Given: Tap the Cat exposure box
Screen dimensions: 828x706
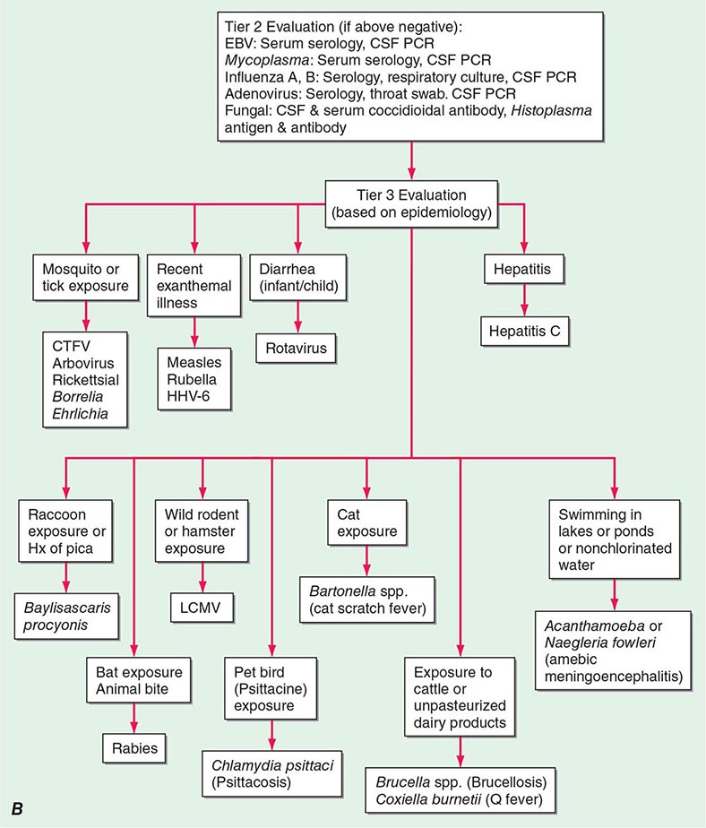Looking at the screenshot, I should tap(366, 522).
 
